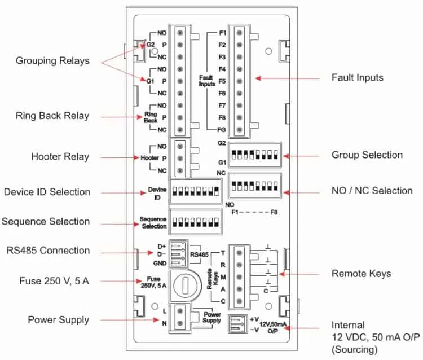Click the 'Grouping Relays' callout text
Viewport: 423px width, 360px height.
52,61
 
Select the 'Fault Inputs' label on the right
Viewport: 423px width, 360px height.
357,78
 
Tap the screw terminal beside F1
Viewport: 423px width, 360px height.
239,33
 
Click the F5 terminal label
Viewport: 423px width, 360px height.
222,81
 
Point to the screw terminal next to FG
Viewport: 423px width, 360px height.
239,130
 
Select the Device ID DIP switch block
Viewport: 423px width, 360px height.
196,191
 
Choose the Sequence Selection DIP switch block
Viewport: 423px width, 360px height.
196,222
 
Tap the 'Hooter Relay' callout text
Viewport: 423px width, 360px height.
60,157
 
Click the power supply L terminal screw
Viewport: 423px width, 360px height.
180,311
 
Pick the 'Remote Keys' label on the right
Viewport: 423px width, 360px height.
361,274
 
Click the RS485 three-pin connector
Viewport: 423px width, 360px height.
179,254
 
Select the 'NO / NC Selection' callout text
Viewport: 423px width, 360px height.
372,191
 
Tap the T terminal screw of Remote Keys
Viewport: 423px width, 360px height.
239,253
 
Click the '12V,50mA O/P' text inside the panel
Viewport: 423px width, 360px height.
273,328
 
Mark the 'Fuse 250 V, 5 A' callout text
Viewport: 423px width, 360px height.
54,281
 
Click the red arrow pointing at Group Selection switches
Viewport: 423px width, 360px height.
301,156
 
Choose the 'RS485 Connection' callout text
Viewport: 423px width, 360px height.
48,251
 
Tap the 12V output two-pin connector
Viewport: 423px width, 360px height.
238,324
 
